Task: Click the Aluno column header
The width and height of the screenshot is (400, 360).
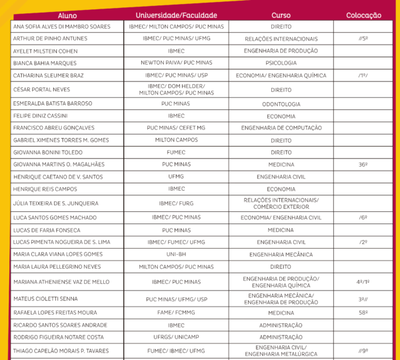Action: click(67, 15)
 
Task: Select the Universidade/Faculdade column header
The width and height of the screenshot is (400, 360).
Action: click(177, 15)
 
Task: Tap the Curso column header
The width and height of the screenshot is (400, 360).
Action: click(281, 15)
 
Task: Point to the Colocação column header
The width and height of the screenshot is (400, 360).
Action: click(363, 15)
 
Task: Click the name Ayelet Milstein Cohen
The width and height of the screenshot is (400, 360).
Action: click(45, 51)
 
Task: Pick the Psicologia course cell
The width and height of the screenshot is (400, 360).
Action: click(281, 63)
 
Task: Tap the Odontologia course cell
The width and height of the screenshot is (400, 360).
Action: click(281, 104)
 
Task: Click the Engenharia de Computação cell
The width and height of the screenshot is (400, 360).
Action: click(281, 127)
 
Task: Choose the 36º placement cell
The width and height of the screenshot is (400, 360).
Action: click(363, 164)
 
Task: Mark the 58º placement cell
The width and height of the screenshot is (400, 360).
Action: click(363, 313)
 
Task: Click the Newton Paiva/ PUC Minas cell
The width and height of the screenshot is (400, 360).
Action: click(177, 63)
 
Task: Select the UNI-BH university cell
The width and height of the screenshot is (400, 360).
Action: click(177, 254)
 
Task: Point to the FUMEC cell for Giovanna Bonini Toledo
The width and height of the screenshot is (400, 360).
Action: click(177, 152)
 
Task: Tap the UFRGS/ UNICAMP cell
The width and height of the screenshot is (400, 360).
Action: click(177, 337)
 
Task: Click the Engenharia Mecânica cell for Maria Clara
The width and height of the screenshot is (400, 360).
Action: click(281, 254)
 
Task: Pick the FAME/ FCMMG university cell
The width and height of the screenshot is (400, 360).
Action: click(177, 313)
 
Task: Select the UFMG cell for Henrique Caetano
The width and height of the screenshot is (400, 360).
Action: click(177, 177)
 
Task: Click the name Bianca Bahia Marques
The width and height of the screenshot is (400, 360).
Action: click(45, 63)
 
